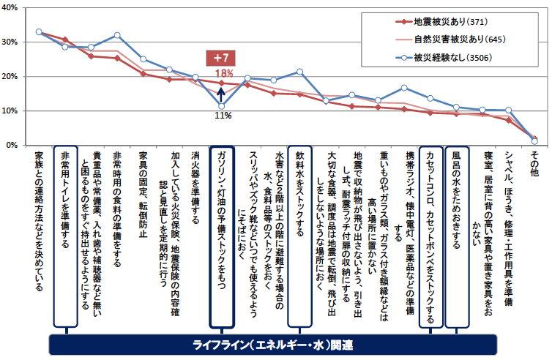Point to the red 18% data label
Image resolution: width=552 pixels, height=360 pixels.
pyautogui.click(x=223, y=73)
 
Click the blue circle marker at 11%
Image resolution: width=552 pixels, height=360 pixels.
pyautogui.click(x=221, y=105)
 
